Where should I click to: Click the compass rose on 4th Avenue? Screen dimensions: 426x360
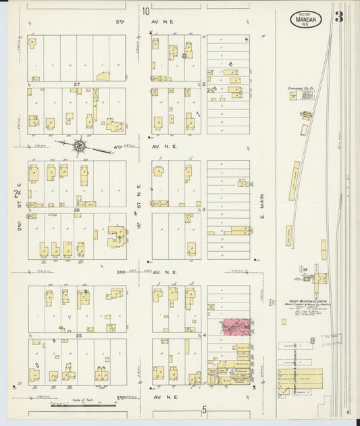[80, 144]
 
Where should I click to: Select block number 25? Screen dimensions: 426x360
[78, 336]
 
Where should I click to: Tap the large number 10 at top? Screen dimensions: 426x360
[146, 11]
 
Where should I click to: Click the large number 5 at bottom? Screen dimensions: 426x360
[203, 410]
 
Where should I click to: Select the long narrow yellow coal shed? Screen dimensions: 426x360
[296, 181]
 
